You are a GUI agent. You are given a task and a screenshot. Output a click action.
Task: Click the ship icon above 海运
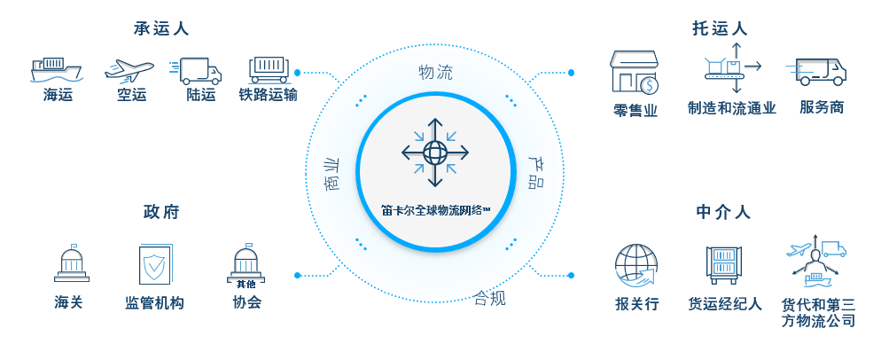coord(57,69)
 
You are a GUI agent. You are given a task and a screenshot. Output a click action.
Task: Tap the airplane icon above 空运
coord(130,69)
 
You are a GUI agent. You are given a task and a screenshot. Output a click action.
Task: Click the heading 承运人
coord(161,28)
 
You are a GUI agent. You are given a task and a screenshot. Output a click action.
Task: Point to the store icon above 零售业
coord(635,73)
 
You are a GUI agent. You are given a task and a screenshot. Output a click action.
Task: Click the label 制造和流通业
coord(731,108)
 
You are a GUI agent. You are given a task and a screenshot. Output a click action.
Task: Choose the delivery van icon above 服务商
coord(821,71)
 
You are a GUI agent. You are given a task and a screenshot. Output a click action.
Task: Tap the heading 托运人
coord(721,28)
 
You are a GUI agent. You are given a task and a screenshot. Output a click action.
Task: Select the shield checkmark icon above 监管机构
coord(155,264)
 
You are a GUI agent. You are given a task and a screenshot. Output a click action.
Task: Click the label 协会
coord(247,303)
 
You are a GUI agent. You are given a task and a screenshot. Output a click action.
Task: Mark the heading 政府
coord(161,212)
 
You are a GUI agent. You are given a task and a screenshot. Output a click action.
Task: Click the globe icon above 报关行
coord(636,264)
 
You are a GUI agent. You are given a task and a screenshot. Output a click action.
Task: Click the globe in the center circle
coord(435,153)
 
